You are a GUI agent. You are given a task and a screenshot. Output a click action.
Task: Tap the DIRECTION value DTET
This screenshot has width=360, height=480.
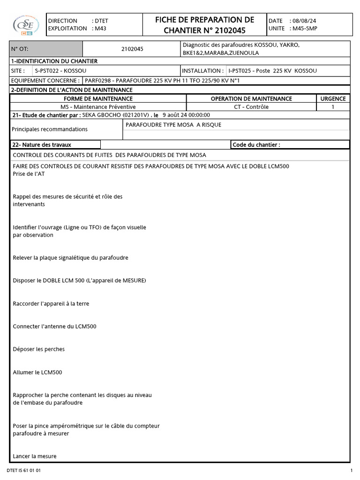click(x=101, y=21)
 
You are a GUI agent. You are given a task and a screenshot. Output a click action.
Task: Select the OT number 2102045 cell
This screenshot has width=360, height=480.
click(x=132, y=49)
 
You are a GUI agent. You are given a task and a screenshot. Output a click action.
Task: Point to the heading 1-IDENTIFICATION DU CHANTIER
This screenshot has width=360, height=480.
click(x=54, y=61)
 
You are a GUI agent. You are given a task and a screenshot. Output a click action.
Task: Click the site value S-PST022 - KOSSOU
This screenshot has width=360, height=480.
click(x=60, y=71)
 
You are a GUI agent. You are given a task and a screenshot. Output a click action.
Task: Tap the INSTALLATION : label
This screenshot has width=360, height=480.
click(x=202, y=71)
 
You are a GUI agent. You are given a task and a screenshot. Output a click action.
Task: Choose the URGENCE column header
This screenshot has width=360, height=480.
click(x=333, y=99)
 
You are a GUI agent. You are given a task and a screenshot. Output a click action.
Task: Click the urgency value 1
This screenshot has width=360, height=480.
click(x=333, y=107)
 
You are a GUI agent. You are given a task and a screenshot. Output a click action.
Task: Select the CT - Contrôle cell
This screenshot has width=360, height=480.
click(x=251, y=107)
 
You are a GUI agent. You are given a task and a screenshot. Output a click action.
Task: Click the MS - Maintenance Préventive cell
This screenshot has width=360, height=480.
click(x=98, y=107)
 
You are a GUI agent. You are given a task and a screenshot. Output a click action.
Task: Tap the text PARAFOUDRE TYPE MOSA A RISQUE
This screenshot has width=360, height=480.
click(x=173, y=125)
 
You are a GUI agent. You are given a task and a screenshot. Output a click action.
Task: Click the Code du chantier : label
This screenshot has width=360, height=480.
click(x=256, y=145)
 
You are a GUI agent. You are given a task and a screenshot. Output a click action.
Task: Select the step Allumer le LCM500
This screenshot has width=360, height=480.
click(x=37, y=372)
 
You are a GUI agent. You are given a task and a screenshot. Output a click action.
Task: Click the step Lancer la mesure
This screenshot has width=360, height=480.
click(x=35, y=456)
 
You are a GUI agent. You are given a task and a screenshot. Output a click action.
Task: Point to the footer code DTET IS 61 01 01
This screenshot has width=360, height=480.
click(x=24, y=470)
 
